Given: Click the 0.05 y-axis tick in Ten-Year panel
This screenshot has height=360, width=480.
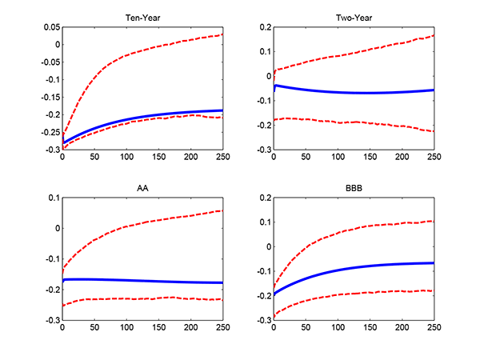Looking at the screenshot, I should coord(50,27).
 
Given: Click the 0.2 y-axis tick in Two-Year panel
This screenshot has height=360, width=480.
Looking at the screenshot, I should coord(263,27).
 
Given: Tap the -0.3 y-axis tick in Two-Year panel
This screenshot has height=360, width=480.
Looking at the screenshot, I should coord(262,150).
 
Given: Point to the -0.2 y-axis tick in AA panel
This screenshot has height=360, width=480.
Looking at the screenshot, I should coord(50,290).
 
